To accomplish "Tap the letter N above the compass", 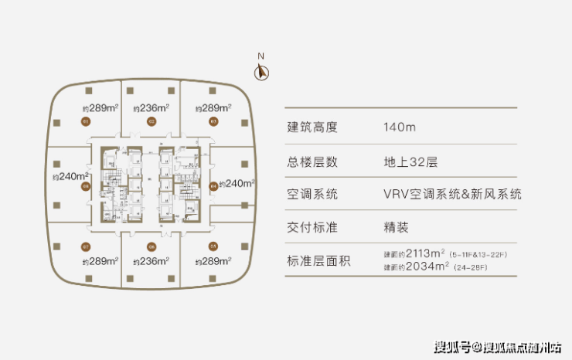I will click(261, 56).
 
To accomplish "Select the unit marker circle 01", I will click(87, 122).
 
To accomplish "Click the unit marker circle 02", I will click(152, 122).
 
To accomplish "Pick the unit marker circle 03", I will click(213, 122).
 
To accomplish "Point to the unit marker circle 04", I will click(213, 185).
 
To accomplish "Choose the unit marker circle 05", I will click(213, 246).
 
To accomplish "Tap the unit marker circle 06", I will click(152, 246).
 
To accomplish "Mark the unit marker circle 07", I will click(87, 246).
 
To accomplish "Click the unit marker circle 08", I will click(87, 185).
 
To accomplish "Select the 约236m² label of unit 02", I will click(151, 108).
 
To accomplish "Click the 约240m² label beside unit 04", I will click(237, 184).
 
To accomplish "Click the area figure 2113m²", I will click(418, 254).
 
